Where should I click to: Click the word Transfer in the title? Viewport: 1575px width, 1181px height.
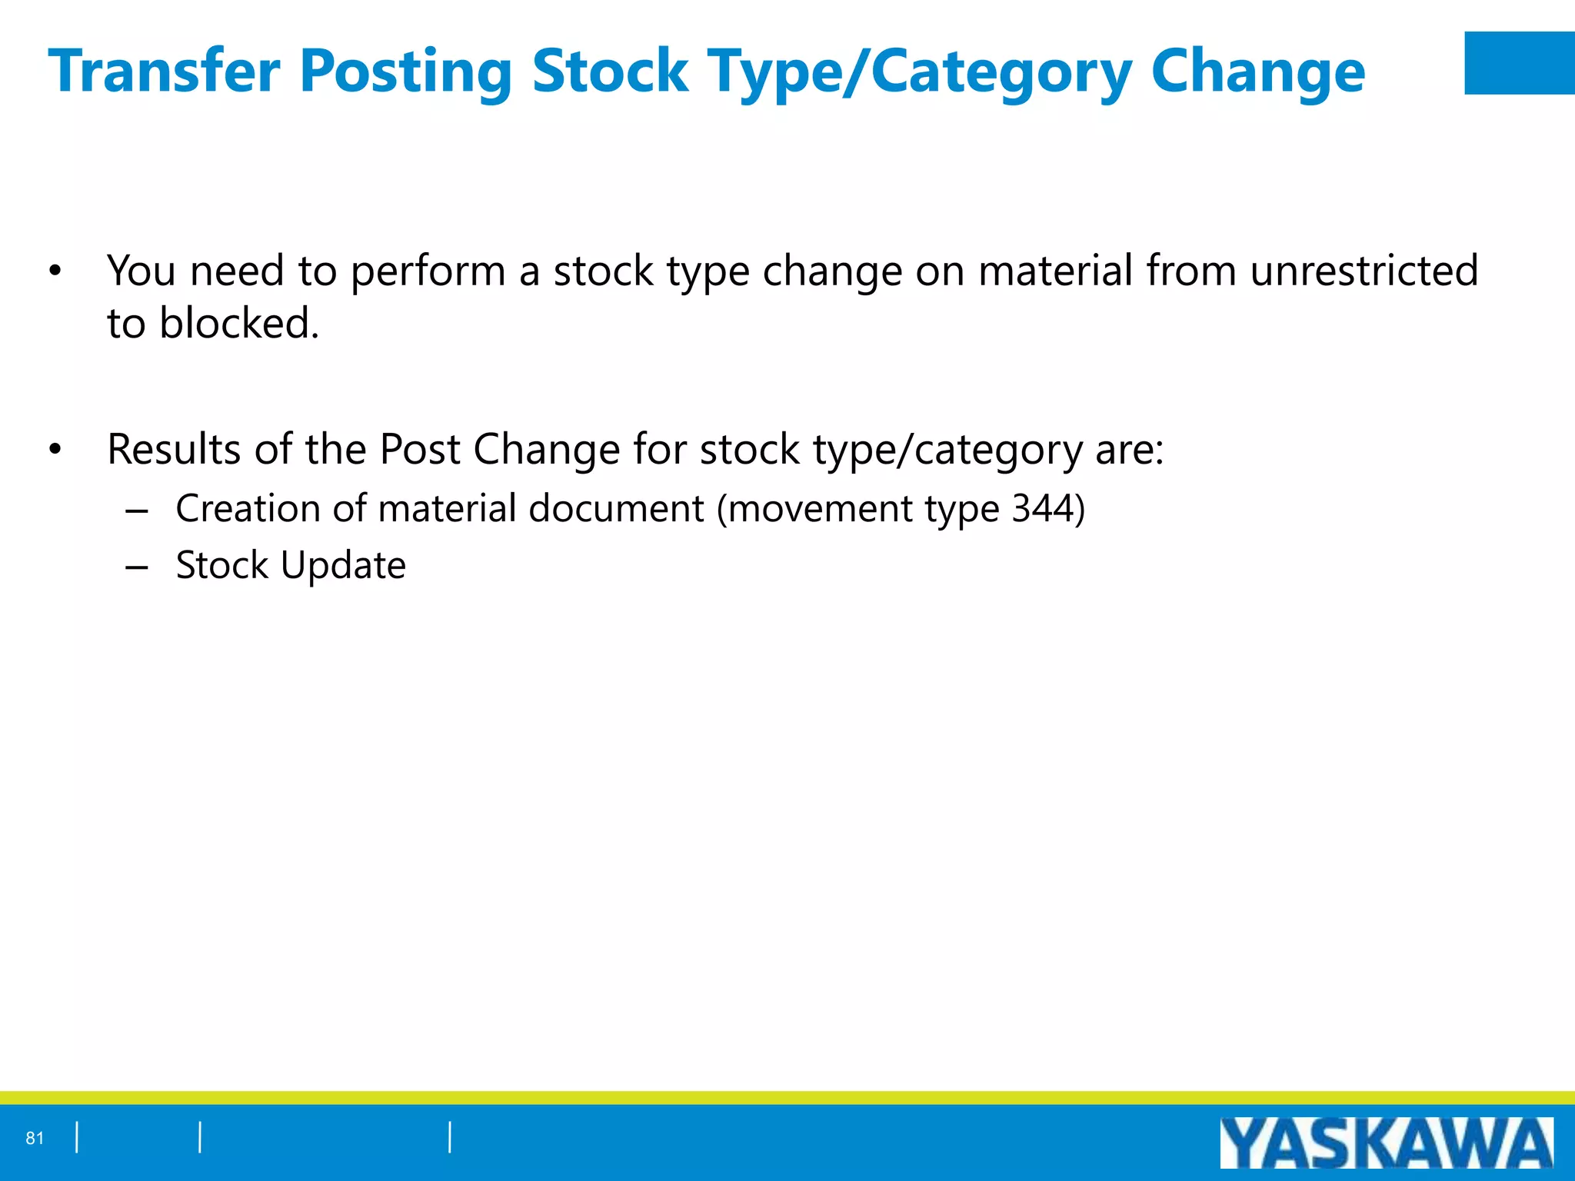coord(164,71)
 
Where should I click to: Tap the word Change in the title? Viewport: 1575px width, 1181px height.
coord(1257,71)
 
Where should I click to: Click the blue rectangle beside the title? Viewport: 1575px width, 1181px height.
coord(1519,63)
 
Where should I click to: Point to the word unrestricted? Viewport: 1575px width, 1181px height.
coord(1364,271)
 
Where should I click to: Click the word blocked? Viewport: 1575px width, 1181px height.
coord(238,323)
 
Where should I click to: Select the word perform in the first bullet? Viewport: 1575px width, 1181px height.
coord(428,272)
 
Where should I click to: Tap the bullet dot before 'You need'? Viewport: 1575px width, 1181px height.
coord(55,271)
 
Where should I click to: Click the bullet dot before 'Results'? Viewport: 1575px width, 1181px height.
coord(55,450)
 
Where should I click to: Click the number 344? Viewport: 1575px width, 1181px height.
coord(1041,508)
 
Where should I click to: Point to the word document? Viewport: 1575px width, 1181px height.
coord(616,508)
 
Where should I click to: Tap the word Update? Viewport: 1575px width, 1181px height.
coord(343,567)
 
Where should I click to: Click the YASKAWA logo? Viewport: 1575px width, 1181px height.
coord(1386,1143)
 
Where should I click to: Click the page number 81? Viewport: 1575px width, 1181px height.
coord(35,1138)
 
